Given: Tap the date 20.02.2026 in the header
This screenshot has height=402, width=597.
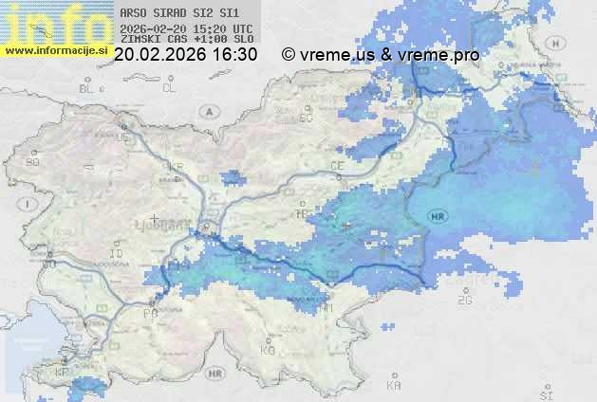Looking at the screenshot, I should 159,55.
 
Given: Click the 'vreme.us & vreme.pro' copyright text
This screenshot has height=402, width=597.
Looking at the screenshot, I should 389,55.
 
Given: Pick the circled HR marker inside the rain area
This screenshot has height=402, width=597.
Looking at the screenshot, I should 438,217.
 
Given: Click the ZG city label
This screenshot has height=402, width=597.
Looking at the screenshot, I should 464,301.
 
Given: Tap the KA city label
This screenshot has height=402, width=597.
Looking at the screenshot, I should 394,386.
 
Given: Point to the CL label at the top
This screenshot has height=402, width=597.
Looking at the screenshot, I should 169,88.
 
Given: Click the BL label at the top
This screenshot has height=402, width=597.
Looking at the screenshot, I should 87,88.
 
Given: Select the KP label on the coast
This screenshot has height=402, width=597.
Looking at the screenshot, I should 63,373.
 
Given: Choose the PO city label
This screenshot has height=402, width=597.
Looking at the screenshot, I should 149,313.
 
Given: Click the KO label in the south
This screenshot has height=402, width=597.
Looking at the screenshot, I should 268,351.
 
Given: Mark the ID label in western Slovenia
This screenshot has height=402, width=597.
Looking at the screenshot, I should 117,255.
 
